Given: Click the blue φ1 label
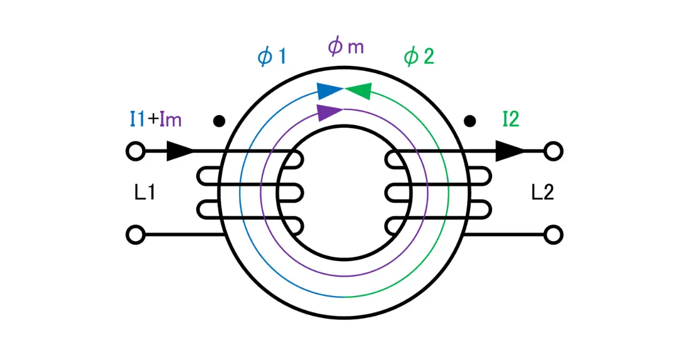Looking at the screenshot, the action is [272, 57].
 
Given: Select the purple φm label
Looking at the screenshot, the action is [346, 46].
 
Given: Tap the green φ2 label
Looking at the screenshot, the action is [419, 57].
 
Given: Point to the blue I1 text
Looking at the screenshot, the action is [137, 119].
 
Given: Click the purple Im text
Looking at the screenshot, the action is [170, 119].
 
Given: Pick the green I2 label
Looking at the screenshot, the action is [511, 119].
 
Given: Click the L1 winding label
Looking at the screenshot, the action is [145, 192].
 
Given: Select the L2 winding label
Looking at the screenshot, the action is [543, 192].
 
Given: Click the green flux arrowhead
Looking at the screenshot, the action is [358, 91].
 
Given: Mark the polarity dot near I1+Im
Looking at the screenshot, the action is [219, 121].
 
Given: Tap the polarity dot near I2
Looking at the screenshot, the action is [470, 121].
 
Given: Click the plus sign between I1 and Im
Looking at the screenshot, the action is [153, 119].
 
